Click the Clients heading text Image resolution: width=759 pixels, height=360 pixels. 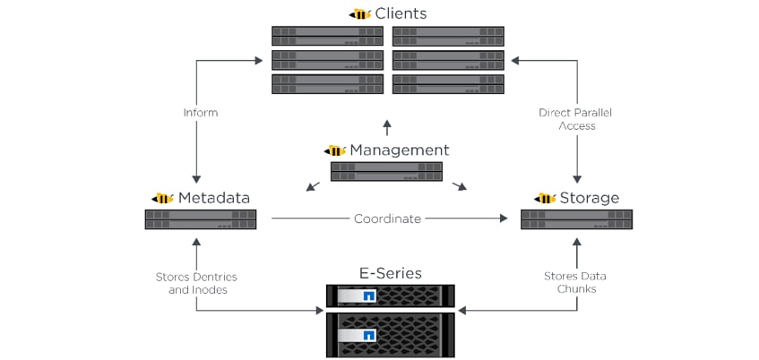[x=401, y=13]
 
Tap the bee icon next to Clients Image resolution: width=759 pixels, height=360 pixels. [x=359, y=14]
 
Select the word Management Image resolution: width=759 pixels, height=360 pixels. [x=399, y=150]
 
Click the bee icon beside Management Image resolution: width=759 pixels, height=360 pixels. [x=335, y=150]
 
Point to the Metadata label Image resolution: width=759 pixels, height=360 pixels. [x=214, y=197]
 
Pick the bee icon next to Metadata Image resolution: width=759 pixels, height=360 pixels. [x=163, y=198]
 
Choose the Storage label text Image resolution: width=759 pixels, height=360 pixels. [x=590, y=197]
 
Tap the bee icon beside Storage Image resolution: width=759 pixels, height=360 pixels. [x=545, y=198]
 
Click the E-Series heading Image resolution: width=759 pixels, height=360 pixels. [x=389, y=272]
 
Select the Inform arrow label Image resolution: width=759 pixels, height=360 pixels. [x=201, y=113]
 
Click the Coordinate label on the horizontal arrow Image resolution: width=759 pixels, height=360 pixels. [x=387, y=219]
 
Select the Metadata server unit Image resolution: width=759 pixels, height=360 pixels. [x=201, y=219]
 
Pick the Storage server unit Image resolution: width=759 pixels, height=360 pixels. [x=576, y=219]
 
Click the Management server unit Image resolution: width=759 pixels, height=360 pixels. [x=386, y=171]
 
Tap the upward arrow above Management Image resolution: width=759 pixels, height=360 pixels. [x=387, y=128]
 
